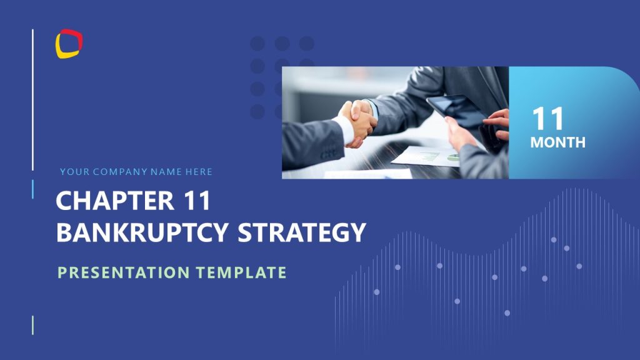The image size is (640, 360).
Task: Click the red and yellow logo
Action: pos(69,44)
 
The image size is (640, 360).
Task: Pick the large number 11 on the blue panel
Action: pos(548,119)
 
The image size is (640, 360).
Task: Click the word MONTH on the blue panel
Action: pos(557,142)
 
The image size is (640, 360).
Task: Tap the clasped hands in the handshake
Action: pos(357,122)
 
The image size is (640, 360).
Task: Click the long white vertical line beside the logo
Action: pos(32,100)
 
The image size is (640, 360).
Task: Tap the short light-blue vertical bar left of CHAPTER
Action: pos(32,189)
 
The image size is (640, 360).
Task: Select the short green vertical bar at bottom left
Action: pos(32,325)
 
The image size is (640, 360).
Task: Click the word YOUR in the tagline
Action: pos(74,172)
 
